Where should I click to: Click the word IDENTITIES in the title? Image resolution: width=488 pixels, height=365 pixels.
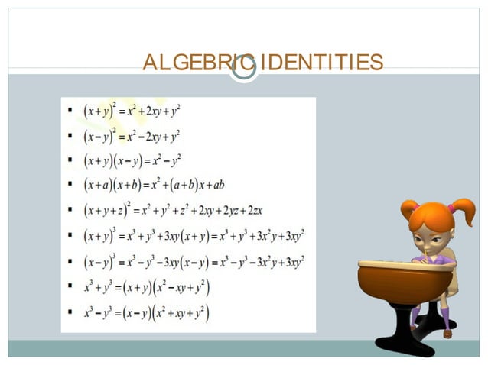[x=320, y=63]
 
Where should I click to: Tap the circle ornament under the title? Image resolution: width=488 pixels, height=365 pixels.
[x=243, y=71]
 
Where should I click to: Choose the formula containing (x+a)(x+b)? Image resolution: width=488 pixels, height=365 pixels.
[x=154, y=185]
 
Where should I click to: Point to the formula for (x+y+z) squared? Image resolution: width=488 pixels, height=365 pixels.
[x=173, y=209]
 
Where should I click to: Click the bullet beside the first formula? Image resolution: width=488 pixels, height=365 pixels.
[x=70, y=111]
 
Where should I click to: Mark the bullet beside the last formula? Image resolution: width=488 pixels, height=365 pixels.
[x=70, y=312]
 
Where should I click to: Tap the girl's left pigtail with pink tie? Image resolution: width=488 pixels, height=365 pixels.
[x=410, y=208]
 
